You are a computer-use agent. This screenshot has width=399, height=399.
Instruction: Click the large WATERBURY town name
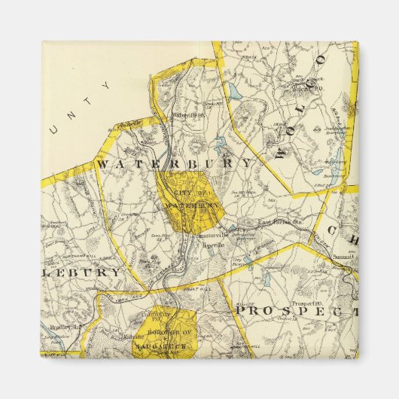click(174, 163)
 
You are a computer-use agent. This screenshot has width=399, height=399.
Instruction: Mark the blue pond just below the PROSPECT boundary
click(266, 279)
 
